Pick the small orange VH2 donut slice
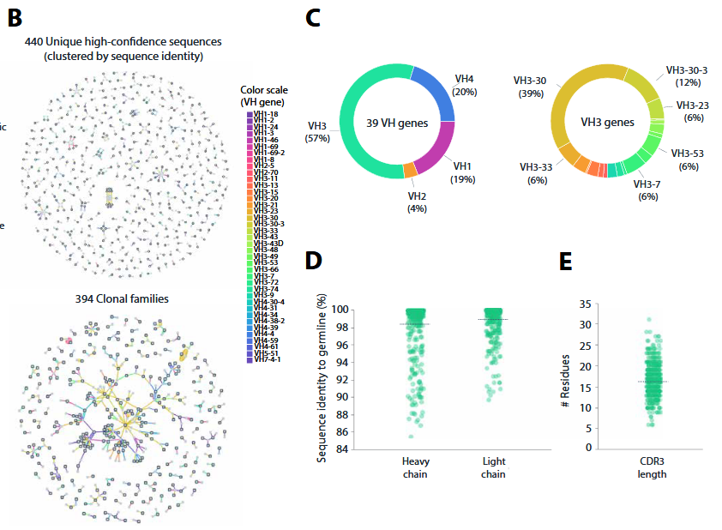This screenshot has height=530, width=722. point(409,172)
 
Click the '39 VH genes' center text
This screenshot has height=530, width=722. point(390,123)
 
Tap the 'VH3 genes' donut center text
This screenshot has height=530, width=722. point(607,123)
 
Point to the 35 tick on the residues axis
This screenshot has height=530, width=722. point(586,304)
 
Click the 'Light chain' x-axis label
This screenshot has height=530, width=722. point(496,467)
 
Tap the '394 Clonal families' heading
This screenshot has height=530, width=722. point(120,299)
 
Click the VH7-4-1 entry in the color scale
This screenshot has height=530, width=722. point(265,359)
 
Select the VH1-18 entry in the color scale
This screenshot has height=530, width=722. point(264,114)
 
